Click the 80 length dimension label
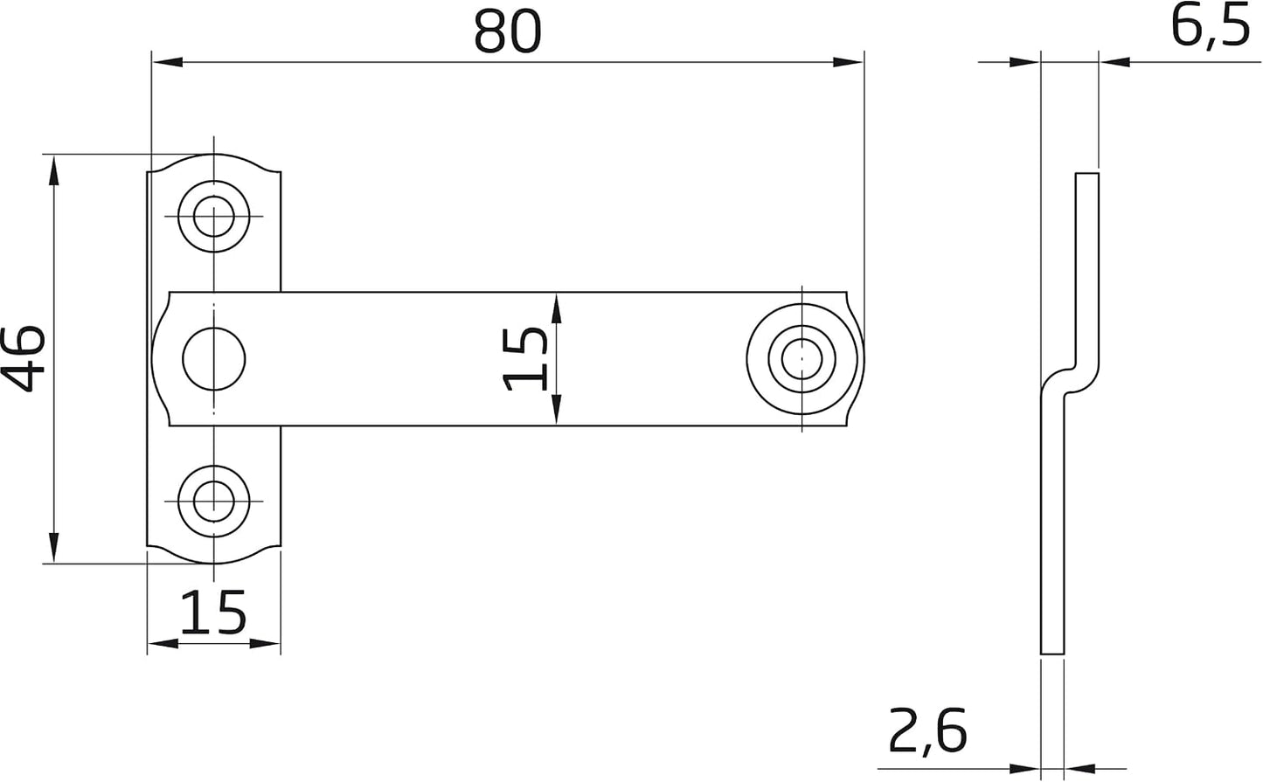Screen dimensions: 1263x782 pyautogui.click(x=508, y=32)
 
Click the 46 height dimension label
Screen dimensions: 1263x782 pyautogui.click(x=23, y=358)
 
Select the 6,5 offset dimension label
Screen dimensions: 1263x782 pyautogui.click(x=1210, y=28)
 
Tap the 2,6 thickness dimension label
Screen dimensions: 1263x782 pyautogui.click(x=927, y=731)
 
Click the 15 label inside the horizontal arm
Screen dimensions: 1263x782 pyautogui.click(x=525, y=359)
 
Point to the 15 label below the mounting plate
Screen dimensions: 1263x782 pyautogui.click(x=213, y=612)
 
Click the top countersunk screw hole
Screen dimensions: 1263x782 pyautogui.click(x=213, y=217)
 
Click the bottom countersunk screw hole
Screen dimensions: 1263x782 pyautogui.click(x=213, y=502)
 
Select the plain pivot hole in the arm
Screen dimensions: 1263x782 pyautogui.click(x=213, y=358)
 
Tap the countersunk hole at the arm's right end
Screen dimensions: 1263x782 pyautogui.click(x=802, y=358)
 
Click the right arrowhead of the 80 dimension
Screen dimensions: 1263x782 pyautogui.click(x=848, y=62)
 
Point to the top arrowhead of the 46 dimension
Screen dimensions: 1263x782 pyautogui.click(x=53, y=170)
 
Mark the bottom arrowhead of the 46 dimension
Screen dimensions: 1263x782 pyautogui.click(x=53, y=547)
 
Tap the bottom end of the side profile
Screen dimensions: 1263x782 pyautogui.click(x=1052, y=654)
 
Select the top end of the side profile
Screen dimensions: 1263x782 pyautogui.click(x=1087, y=174)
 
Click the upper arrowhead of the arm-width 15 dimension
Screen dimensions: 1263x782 pyautogui.click(x=556, y=308)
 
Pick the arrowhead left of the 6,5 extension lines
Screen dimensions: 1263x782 pyautogui.click(x=1024, y=62)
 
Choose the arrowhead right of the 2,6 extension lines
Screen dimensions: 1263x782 pyautogui.click(x=1079, y=768)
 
